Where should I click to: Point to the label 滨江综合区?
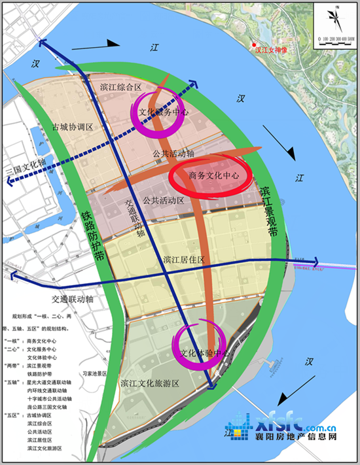(121, 86)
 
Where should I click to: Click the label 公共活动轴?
(173, 153)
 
